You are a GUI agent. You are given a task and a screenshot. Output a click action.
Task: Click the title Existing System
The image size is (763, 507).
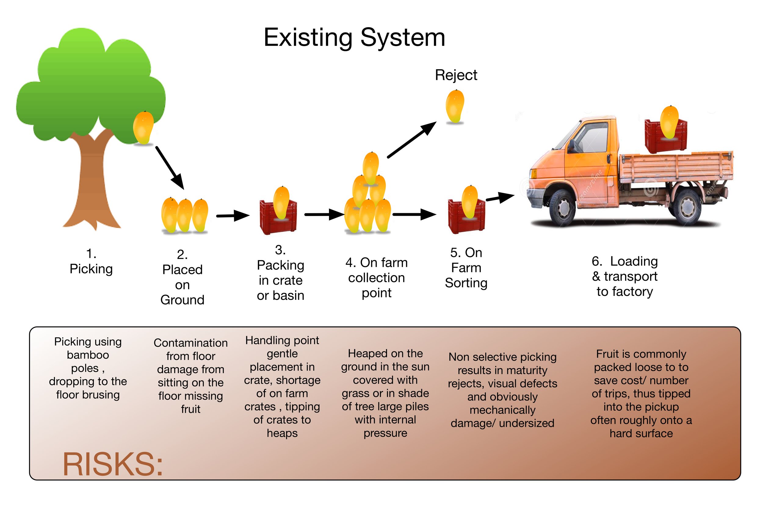pyautogui.click(x=354, y=38)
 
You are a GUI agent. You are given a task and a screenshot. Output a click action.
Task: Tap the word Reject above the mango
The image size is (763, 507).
pyautogui.click(x=456, y=75)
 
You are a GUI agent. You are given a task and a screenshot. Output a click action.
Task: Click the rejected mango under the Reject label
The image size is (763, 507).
pyautogui.click(x=454, y=106)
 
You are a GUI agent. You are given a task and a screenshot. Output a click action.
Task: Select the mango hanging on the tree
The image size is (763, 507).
pyautogui.click(x=143, y=128)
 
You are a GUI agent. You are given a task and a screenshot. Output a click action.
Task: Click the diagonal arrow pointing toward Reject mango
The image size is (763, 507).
pyautogui.click(x=412, y=140)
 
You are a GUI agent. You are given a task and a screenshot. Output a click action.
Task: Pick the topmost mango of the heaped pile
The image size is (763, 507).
pyautogui.click(x=371, y=168)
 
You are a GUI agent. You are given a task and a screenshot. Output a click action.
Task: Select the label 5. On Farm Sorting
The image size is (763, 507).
pyautogui.click(x=466, y=268)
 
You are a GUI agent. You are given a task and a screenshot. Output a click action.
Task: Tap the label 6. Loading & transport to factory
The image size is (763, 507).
pyautogui.click(x=624, y=276)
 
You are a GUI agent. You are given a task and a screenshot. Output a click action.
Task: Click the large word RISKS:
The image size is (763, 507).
pyautogui.click(x=113, y=464)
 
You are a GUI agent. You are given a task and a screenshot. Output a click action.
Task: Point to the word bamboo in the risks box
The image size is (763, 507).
pyautogui.click(x=88, y=355)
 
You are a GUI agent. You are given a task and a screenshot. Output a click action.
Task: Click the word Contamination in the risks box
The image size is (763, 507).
pyautogui.click(x=190, y=343)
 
